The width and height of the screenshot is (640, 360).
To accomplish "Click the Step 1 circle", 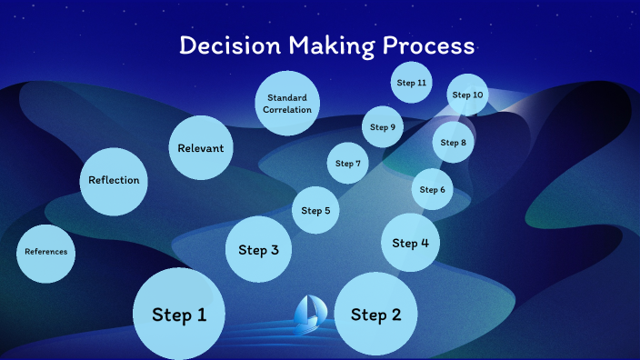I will tap(179, 315).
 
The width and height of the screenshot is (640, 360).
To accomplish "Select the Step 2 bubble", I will tap(376, 315).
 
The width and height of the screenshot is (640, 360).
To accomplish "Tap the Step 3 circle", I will tap(258, 249).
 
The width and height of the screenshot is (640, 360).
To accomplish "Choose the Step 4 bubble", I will tap(411, 243).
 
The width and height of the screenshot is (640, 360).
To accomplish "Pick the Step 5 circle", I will tap(315, 210).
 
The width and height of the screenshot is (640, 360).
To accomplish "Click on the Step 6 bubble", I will tap(433, 189).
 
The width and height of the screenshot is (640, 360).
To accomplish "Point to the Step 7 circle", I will tap(348, 164).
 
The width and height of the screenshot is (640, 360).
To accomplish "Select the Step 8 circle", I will tap(453, 142).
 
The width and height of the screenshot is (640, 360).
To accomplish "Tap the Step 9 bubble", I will tap(383, 126).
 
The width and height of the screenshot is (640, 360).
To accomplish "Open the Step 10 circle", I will tap(468, 95).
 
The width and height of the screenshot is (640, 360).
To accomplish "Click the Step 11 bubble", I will tap(411, 83).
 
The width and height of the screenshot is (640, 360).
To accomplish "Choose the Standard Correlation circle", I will tap(287, 103).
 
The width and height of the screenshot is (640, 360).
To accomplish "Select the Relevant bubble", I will tap(201, 147).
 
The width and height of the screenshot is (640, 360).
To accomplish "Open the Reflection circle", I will tap(114, 180).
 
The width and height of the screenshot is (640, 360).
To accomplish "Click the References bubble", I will tap(45, 252).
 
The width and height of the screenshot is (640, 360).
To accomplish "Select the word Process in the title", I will tap(433, 46).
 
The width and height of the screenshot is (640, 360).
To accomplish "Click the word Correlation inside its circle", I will tap(287, 110).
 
